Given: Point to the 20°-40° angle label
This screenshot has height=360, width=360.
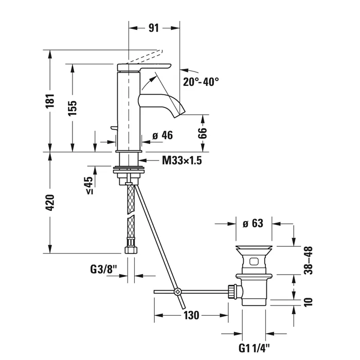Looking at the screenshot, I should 201,81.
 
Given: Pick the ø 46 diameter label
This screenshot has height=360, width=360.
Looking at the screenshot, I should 163,136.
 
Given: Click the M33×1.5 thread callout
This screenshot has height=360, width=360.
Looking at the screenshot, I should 182,161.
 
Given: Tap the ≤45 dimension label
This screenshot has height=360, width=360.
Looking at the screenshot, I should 88,186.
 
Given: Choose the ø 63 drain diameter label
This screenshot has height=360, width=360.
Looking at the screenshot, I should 253,223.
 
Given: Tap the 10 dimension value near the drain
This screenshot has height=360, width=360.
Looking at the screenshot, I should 308,301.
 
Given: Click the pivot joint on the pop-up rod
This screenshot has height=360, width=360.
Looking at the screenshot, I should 178,292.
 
